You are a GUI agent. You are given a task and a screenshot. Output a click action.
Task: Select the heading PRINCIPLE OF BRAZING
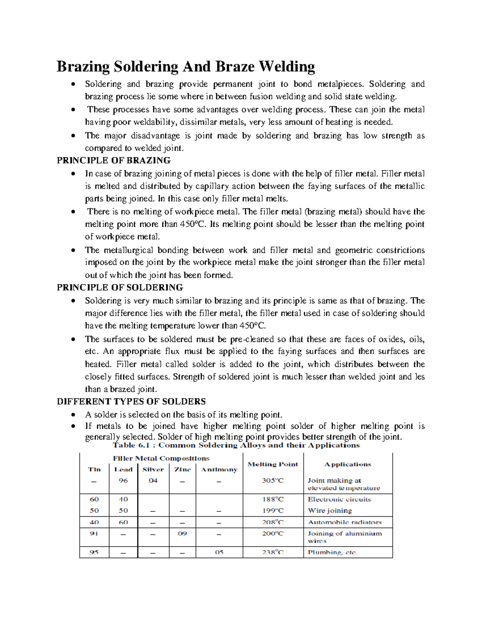coord(114,161)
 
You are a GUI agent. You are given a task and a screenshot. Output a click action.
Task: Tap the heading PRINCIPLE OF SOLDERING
coord(120,288)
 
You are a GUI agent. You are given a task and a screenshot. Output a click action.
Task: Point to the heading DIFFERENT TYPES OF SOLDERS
coord(131,402)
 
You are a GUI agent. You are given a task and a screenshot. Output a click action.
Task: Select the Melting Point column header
coord(273,464)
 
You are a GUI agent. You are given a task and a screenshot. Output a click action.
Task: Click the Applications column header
coord(347,464)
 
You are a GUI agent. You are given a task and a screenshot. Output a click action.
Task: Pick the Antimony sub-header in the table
coord(219,470)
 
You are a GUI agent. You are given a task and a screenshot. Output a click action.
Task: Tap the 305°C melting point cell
coord(273,481)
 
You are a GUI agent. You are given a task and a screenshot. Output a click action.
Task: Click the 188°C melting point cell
coord(273,499)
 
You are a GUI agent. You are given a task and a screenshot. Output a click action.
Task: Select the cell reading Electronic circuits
coord(339,499)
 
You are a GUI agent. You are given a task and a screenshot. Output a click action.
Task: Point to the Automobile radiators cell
coord(345,522)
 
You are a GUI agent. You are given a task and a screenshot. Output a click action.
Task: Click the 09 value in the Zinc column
coord(182,534)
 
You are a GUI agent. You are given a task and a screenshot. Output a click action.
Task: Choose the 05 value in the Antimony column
coord(219,552)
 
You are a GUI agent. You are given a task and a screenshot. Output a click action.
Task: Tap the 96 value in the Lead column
coord(123,481)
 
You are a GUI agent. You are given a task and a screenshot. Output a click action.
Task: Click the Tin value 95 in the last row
coord(94,552)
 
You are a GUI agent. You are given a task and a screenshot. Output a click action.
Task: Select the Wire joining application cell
coord(330,511)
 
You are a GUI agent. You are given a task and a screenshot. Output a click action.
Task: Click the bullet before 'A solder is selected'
coord(72,415)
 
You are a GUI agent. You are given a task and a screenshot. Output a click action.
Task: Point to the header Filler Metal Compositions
coord(161,458)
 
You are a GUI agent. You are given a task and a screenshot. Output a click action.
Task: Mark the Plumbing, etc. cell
coord(332,552)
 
